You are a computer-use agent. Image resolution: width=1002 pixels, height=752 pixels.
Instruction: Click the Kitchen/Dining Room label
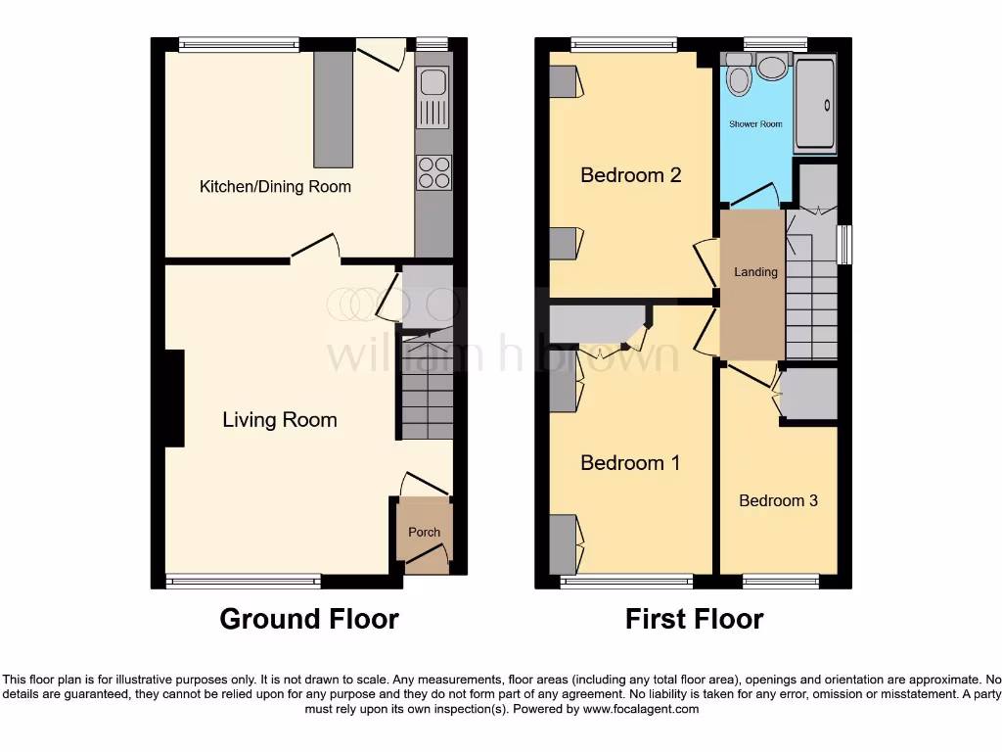pos(275,186)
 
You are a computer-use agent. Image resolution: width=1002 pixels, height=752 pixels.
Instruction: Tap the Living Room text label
pos(280,420)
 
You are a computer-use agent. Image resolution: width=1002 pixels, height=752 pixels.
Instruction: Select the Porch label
pos(424,533)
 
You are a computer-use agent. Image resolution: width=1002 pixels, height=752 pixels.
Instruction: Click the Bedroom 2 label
pos(630,175)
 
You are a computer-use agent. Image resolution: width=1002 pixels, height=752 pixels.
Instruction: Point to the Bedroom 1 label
pos(630,463)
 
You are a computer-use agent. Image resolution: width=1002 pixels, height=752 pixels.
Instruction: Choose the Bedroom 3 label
pos(778,500)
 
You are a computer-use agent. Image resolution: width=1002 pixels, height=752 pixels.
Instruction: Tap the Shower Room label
pos(755,124)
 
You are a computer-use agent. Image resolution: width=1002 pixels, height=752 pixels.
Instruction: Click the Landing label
pos(755,272)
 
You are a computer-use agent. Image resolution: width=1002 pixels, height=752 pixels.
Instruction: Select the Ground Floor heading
pos(308,619)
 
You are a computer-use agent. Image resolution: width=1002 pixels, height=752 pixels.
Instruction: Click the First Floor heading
pos(694,619)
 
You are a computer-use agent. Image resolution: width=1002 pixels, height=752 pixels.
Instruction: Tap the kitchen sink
pos(433,98)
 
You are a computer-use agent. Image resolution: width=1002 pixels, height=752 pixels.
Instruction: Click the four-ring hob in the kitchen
pos(433,172)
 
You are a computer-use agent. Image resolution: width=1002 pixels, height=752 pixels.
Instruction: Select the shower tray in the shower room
pos(814,105)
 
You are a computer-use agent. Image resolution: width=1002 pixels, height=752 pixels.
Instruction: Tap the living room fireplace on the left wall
pos(174,398)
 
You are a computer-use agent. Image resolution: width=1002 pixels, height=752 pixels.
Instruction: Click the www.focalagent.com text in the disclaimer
pos(640,709)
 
